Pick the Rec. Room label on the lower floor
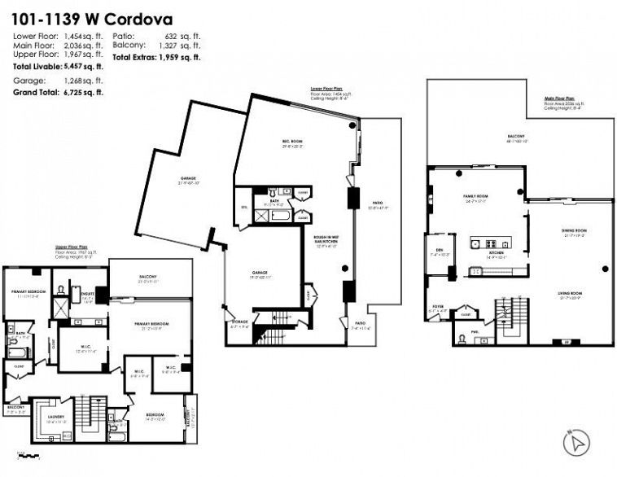tap(292, 142)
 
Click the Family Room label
tap(475, 197)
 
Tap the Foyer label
tap(437, 307)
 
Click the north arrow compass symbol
tap(576, 444)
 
